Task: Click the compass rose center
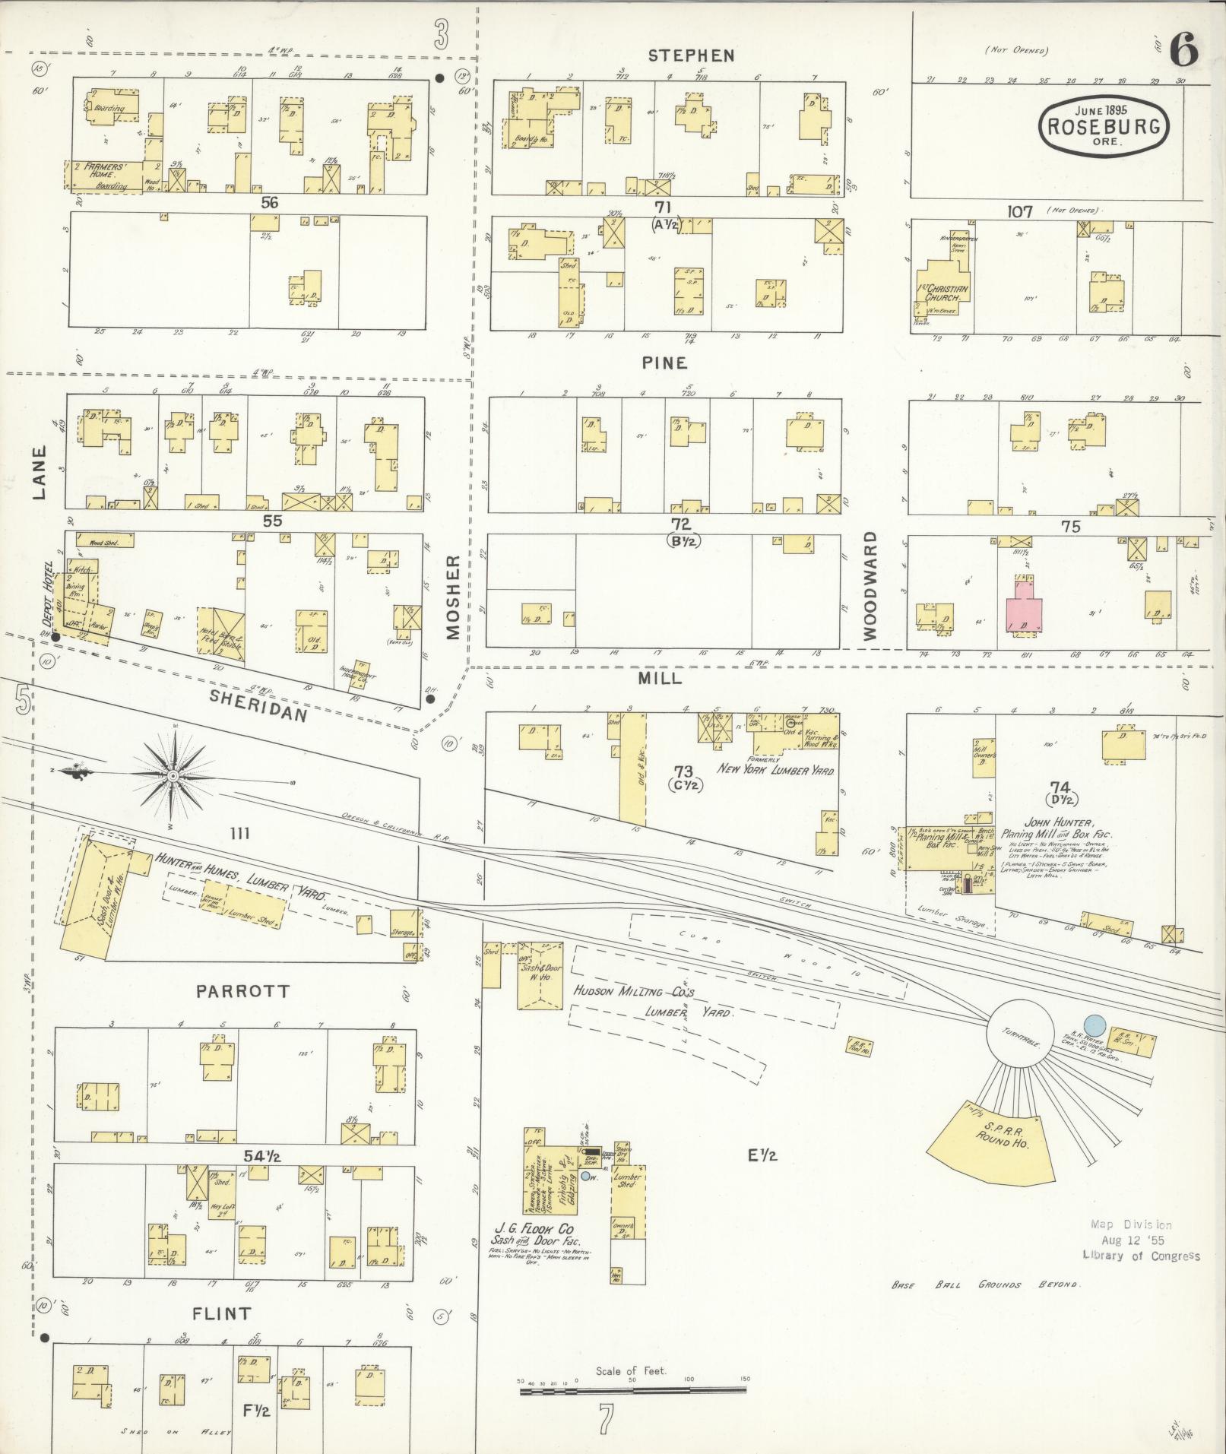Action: click(173, 775)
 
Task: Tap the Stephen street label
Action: click(691, 55)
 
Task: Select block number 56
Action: click(269, 202)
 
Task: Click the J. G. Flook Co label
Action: click(534, 1229)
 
